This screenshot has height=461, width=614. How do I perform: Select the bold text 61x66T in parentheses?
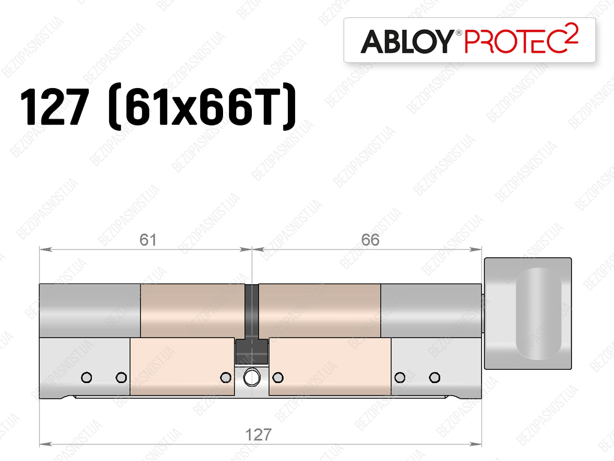pyautogui.click(x=201, y=107)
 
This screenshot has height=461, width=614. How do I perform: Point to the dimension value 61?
pyautogui.click(x=148, y=240)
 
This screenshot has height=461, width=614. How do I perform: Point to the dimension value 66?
pyautogui.click(x=370, y=240)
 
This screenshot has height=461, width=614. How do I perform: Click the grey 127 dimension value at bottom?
pyautogui.click(x=258, y=435)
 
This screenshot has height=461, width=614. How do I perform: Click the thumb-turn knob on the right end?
pyautogui.click(x=528, y=314)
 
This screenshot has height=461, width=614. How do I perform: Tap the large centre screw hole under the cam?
pyautogui.click(x=251, y=378)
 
